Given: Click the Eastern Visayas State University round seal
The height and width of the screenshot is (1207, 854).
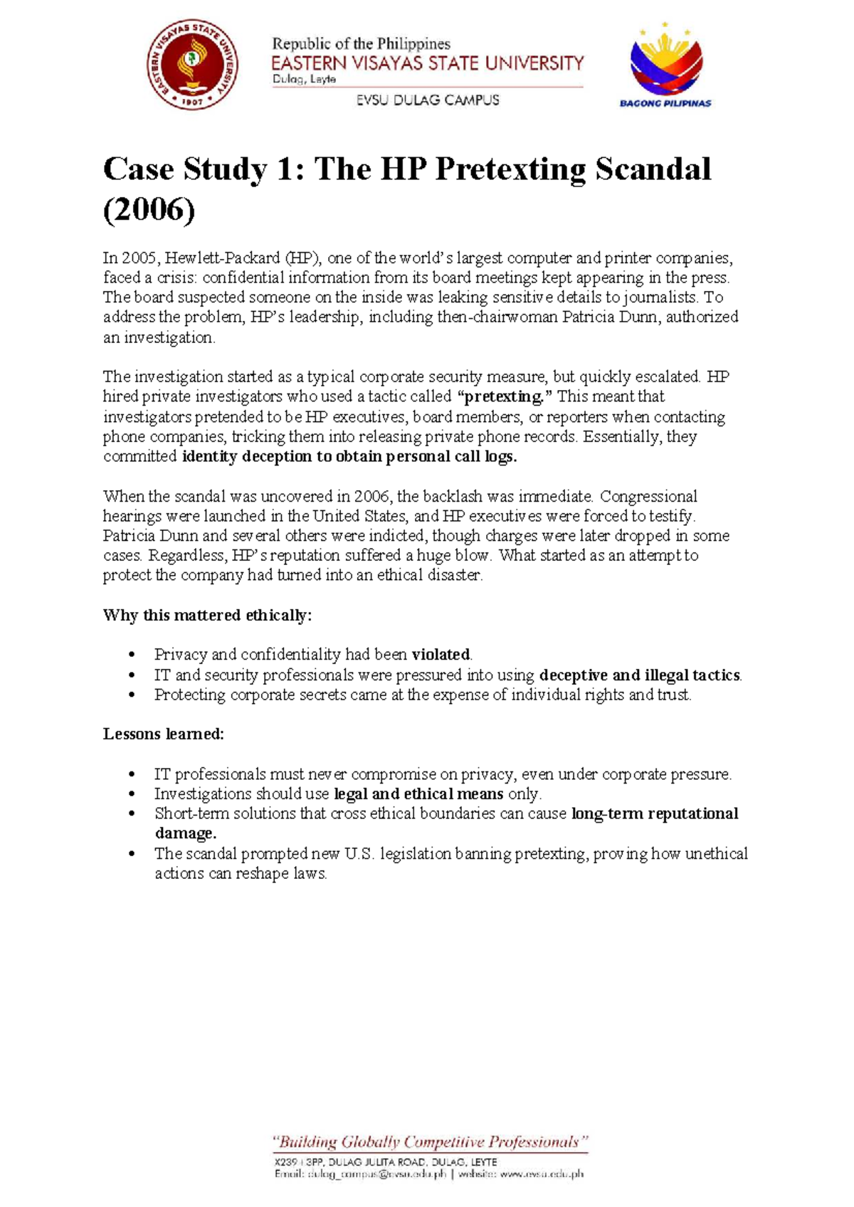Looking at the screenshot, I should click(x=192, y=65).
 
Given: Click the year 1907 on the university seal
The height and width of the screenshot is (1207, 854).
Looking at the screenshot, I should click(x=193, y=101).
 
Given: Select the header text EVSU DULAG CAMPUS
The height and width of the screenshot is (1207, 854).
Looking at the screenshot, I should click(x=428, y=100).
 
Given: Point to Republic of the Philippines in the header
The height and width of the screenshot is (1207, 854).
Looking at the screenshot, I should click(x=361, y=44).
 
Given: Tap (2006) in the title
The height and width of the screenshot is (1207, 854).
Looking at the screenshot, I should click(x=149, y=211).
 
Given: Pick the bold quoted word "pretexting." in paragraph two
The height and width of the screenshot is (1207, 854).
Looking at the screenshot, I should click(x=502, y=396).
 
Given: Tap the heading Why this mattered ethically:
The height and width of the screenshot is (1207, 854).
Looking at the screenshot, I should click(x=207, y=616).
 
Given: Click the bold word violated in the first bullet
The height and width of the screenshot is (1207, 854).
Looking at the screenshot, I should click(x=441, y=655).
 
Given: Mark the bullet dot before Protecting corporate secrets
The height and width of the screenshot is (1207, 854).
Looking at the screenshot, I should click(x=131, y=695).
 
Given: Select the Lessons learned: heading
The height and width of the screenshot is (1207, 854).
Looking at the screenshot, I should click(x=164, y=734).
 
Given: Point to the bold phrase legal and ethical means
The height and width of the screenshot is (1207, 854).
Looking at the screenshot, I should click(x=418, y=794).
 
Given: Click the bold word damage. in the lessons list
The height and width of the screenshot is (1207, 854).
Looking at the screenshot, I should click(x=185, y=833).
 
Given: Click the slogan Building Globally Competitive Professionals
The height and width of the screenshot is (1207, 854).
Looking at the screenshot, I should click(x=430, y=1143).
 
